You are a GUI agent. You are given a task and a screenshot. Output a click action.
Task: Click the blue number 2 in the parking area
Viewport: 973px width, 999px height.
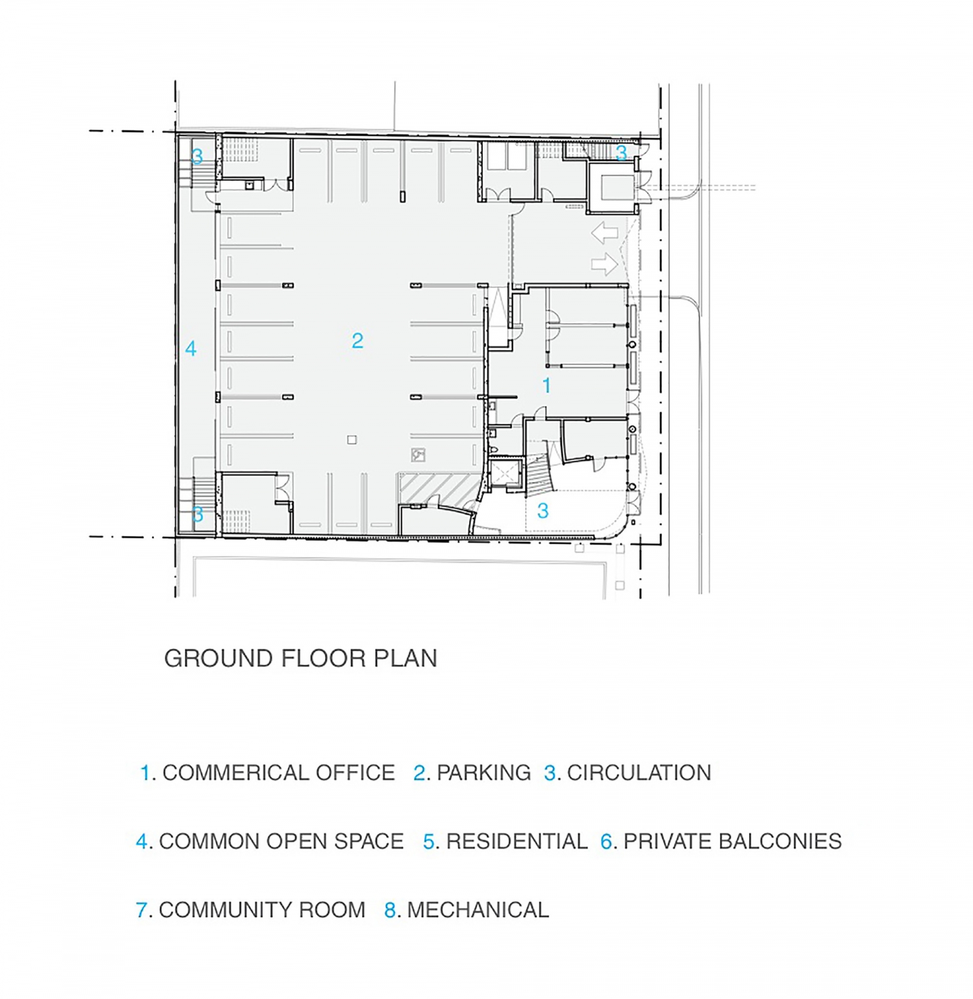pos(357,340)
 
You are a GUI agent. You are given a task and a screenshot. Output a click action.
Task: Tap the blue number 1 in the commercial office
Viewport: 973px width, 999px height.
pos(547,385)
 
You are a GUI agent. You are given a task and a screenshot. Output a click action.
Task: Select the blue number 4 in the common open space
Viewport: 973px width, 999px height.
pos(191,349)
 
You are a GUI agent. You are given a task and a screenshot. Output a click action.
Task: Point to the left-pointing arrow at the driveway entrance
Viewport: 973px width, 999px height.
pos(605,233)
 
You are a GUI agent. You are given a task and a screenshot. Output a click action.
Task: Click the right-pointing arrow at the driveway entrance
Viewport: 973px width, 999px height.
pos(605,264)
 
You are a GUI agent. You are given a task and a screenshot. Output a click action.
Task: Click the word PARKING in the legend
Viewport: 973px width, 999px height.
pos(483,773)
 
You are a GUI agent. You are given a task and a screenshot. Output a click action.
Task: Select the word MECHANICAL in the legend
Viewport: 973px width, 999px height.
pos(478,910)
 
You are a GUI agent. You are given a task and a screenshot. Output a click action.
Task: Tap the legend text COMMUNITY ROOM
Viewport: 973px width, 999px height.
pos(262,910)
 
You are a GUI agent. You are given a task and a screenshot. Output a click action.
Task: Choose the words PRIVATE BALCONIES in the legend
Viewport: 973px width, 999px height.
pos(732,841)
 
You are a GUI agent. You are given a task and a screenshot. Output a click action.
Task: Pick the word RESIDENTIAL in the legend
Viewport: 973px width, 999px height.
pos(517,841)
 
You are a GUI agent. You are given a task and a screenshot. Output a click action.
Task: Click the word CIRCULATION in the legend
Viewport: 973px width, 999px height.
pos(639,773)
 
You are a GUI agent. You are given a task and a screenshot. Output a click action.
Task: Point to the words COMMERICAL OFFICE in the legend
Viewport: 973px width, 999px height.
pos(279,773)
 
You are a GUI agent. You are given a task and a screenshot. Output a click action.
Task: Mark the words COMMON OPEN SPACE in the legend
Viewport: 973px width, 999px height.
pos(281,841)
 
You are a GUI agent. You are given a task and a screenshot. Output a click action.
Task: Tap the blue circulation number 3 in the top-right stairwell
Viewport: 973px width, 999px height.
pos(621,153)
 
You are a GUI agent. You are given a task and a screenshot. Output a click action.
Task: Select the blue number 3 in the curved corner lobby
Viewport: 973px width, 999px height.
pos(543,511)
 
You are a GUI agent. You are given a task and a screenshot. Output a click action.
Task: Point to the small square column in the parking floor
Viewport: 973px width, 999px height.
pos(352,440)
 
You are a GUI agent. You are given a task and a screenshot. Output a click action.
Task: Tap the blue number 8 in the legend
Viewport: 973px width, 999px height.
pos(390,910)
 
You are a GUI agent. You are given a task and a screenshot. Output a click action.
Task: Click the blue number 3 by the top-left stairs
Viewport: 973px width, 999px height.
pos(197,156)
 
